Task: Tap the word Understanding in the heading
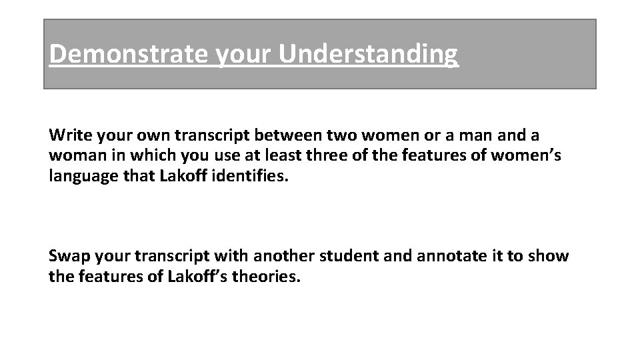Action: coord(369,53)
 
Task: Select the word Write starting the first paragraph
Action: coord(67,135)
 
